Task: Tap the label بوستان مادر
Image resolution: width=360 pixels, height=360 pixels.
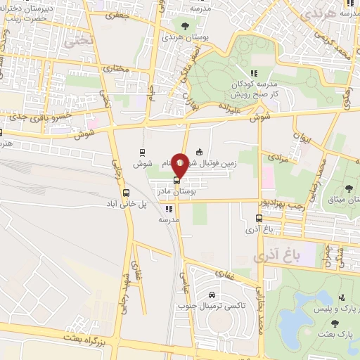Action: [198, 191]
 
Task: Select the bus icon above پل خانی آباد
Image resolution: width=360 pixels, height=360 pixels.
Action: [126, 193]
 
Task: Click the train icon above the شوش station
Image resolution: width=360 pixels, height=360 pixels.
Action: [143, 152]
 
